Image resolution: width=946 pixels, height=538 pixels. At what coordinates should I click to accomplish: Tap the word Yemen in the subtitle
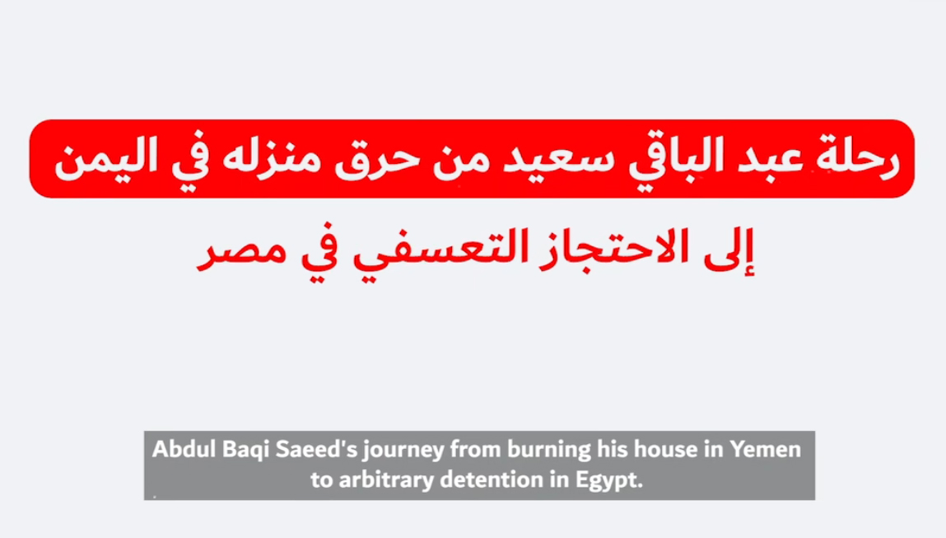coord(766,449)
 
